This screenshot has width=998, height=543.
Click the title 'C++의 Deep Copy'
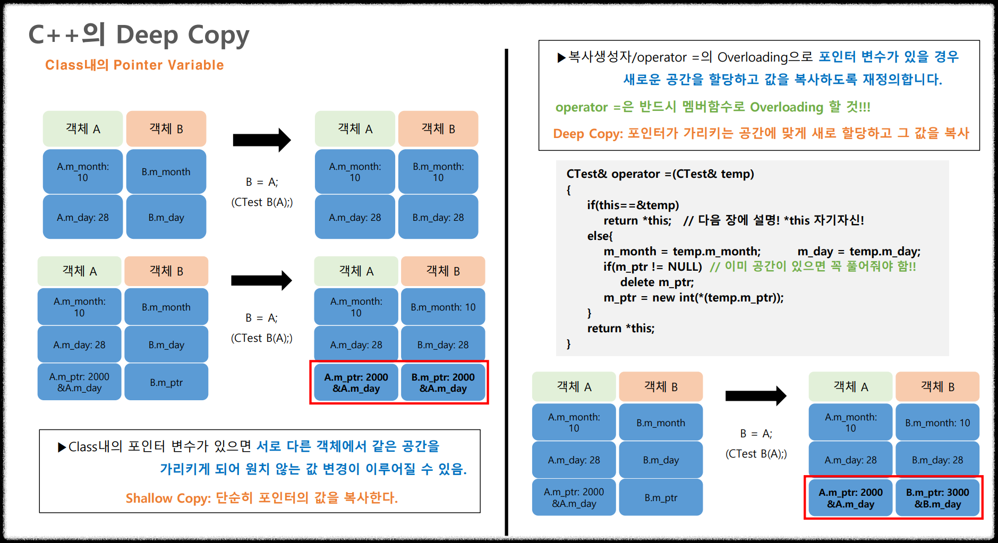[x=139, y=35]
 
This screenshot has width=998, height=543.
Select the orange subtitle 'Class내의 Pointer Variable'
[x=134, y=65]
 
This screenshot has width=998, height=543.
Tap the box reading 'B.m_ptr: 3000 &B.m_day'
[x=937, y=498]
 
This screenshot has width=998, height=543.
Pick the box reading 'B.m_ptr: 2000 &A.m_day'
[x=443, y=383]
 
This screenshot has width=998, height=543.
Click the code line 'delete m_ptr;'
[x=656, y=282]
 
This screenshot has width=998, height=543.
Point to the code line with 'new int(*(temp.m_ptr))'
[x=693, y=298]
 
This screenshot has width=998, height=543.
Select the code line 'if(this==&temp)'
[x=633, y=205]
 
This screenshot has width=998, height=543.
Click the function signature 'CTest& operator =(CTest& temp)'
[x=660, y=174]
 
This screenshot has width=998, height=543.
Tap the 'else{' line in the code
[x=600, y=236]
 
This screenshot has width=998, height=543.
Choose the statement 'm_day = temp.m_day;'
[x=859, y=252]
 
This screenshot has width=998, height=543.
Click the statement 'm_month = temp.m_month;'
[x=681, y=252]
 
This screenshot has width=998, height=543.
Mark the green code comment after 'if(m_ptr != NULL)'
[x=813, y=266]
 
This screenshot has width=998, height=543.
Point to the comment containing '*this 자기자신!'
[x=773, y=220]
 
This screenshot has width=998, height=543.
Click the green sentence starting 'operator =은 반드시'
[x=712, y=107]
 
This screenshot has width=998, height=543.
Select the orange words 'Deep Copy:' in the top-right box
[x=587, y=134]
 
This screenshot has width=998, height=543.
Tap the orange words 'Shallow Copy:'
[x=168, y=498]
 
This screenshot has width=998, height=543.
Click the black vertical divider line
[x=506, y=292]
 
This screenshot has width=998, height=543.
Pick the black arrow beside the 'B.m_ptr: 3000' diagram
[x=755, y=395]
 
